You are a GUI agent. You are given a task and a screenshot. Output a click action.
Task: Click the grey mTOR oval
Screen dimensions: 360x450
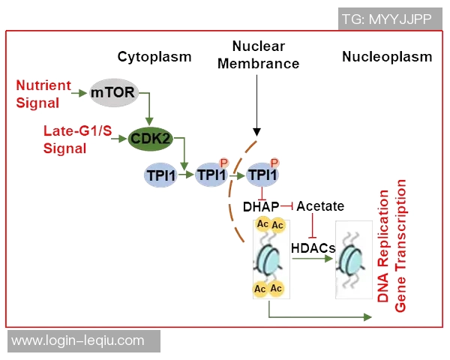coord(112,94)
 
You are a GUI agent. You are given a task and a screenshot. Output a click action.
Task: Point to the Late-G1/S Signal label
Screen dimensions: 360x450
coord(75,139)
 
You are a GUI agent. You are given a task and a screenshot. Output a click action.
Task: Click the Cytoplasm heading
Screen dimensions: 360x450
coord(154,56)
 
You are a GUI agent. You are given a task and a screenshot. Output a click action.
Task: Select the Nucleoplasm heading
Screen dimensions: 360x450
coord(387,56)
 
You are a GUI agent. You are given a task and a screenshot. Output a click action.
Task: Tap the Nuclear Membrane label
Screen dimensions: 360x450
coord(258,55)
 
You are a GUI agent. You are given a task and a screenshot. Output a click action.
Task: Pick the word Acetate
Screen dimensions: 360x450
coord(319,206)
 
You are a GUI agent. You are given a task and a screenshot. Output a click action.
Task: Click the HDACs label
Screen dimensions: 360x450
coord(312,246)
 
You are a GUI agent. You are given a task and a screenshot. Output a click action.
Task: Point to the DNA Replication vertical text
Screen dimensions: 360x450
coord(383,247)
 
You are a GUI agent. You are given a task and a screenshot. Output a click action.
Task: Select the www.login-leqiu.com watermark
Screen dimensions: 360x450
coord(79,340)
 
